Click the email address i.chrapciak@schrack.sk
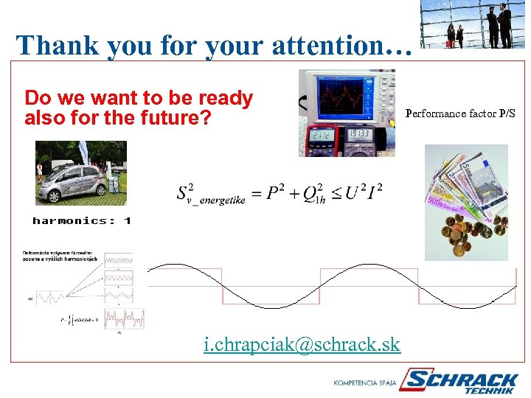(x=302, y=343)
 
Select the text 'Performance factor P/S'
(x=461, y=114)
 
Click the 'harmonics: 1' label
(x=82, y=220)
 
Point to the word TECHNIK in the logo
(x=490, y=391)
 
